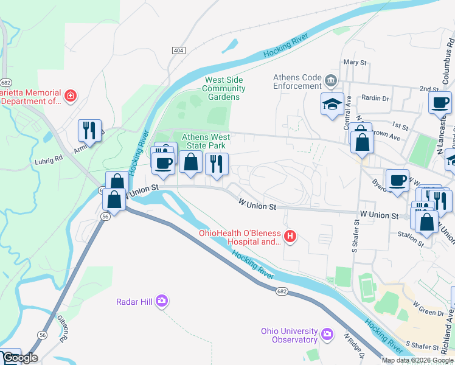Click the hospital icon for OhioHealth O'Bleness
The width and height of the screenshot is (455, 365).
pos(291,236)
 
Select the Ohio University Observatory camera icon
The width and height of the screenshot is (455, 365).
pos(327,334)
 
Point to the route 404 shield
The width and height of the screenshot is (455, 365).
pos(178,50)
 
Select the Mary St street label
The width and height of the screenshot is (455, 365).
pos(355,63)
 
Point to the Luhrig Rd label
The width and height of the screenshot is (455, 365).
pos(50,159)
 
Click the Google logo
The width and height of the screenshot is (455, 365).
pos(19,358)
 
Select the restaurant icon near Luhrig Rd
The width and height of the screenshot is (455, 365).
pos(89,130)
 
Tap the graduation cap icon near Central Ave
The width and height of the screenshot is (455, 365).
pos(333,104)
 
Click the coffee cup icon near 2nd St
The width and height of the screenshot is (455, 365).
pos(440,102)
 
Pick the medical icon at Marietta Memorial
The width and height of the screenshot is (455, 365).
pos(71,96)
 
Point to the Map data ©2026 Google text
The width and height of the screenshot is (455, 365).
pos(417,360)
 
